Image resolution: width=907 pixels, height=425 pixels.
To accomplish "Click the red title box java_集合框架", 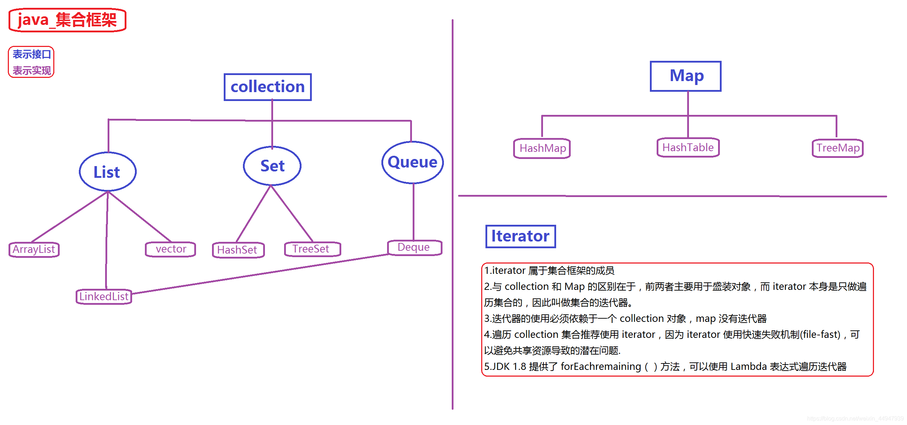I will (67, 20).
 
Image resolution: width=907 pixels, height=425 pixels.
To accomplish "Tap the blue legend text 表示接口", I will (32, 54).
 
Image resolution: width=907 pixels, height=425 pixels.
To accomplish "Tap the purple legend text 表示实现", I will (32, 70).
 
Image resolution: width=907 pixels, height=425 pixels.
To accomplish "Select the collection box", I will (267, 87).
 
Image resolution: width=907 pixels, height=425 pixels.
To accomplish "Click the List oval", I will (108, 172).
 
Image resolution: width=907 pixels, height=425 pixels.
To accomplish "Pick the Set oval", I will (272, 166).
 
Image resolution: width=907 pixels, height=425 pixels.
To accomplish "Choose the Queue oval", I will (412, 162).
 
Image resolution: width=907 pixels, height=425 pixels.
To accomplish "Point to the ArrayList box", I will (34, 249).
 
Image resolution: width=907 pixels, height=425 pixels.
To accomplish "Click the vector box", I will (170, 249).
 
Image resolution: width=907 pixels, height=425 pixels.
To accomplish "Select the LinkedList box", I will (104, 296).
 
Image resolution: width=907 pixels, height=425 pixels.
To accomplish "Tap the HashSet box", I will (238, 250).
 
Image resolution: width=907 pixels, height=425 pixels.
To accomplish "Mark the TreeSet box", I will (312, 249).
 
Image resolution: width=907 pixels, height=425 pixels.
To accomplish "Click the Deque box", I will (414, 247).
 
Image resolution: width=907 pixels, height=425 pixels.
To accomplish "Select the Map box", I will (685, 76).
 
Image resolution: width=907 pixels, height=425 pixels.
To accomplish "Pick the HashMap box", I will (542, 148).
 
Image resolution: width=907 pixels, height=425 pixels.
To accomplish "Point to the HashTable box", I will (688, 147).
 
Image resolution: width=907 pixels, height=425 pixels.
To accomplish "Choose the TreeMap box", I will (837, 148).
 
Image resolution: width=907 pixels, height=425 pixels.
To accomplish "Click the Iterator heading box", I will (520, 236).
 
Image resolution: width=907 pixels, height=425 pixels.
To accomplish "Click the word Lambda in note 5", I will (748, 366).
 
